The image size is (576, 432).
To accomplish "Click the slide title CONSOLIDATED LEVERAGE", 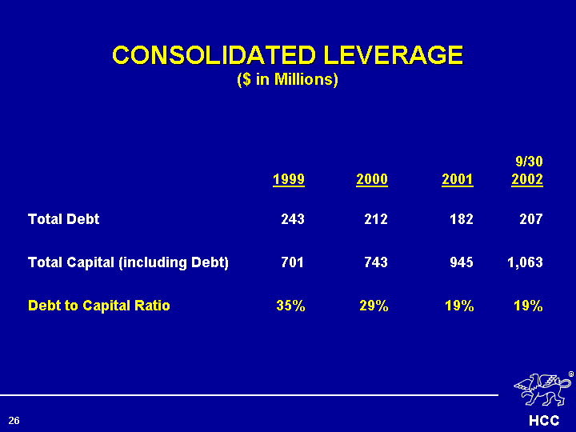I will coord(287,55).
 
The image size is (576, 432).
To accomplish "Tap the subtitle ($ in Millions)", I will coord(287,80).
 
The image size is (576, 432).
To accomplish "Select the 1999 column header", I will coord(288,179).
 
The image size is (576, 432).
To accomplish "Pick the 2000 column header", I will coord(372,179).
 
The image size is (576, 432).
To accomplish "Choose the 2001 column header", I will coord(457,179).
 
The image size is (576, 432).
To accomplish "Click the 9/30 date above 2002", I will coord(529,162).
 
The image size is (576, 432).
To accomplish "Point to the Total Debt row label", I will coord(64,218).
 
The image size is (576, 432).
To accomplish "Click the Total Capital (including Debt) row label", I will coord(129,262).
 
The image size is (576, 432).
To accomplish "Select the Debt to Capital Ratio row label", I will coord(99,305).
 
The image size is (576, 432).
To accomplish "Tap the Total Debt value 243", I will coord(292,218).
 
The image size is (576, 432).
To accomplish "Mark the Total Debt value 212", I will coord(376,218).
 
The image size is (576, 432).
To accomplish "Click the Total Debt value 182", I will coord(461,218).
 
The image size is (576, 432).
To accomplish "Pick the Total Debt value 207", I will coord(530,218).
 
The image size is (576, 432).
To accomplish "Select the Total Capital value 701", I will coord(292,262).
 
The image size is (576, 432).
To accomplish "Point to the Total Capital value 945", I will coord(461,262).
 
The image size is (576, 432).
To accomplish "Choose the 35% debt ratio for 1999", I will coord(290,305).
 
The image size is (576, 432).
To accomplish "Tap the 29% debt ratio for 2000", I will coord(374,305).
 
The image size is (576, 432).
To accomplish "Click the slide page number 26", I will coord(14,420).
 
